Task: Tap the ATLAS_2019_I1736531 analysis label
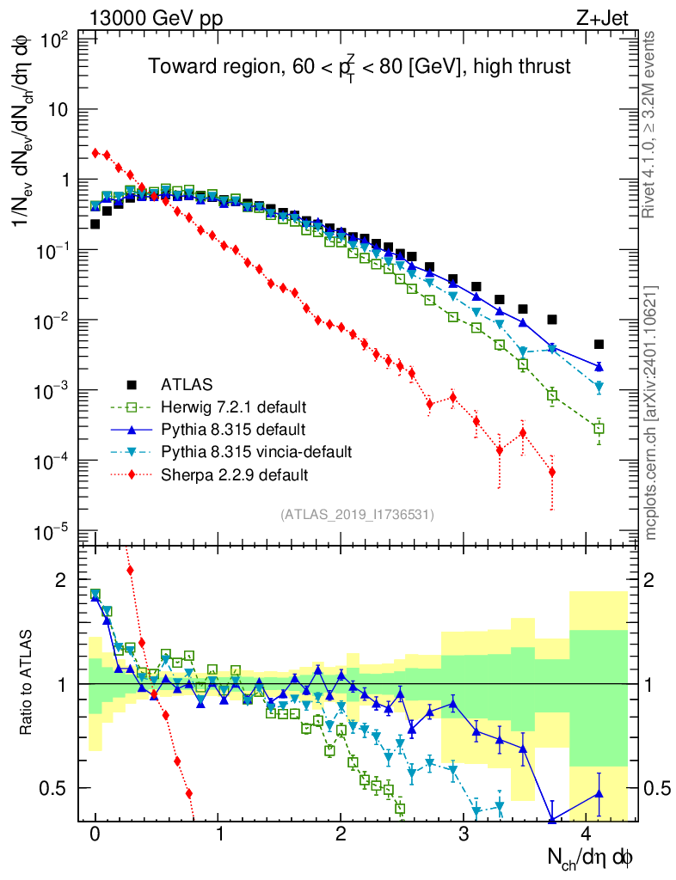click(x=357, y=515)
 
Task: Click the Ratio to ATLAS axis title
click(x=28, y=683)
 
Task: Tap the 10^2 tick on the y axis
click(x=55, y=40)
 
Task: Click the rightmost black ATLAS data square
click(x=599, y=344)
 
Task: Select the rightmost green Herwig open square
click(x=599, y=428)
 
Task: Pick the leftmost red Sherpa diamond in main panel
click(x=95, y=153)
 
